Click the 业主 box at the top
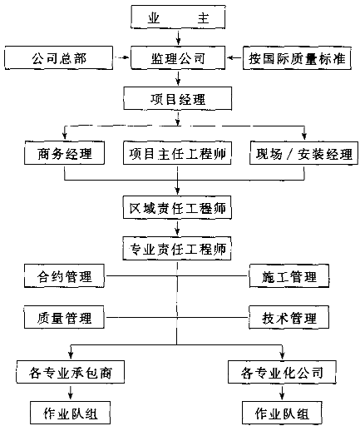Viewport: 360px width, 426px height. [x=178, y=17]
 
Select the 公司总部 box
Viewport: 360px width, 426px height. [x=59, y=57]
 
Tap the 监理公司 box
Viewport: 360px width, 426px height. [x=178, y=57]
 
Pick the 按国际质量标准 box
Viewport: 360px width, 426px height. [x=297, y=57]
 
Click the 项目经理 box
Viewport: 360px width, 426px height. [x=178, y=98]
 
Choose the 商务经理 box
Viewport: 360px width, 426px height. [x=64, y=153]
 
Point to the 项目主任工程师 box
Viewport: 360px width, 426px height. [x=177, y=153]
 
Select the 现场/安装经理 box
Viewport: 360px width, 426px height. [x=303, y=153]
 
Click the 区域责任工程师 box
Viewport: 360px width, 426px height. [x=177, y=207]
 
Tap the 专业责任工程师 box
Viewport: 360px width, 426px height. [x=177, y=248]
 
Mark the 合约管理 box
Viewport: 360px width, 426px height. [x=64, y=275]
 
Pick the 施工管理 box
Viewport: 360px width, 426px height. [x=289, y=275]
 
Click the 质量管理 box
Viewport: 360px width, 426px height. [x=64, y=317]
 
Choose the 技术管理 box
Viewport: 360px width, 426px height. [x=289, y=317]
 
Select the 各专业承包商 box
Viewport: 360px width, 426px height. [x=71, y=372]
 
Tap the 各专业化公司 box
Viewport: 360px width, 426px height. [x=282, y=372]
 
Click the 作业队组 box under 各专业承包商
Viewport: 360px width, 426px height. [x=71, y=413]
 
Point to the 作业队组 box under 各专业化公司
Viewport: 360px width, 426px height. [x=282, y=413]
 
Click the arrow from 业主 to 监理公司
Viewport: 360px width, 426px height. [x=178, y=37]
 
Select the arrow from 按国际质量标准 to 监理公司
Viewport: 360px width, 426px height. [x=234, y=57]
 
